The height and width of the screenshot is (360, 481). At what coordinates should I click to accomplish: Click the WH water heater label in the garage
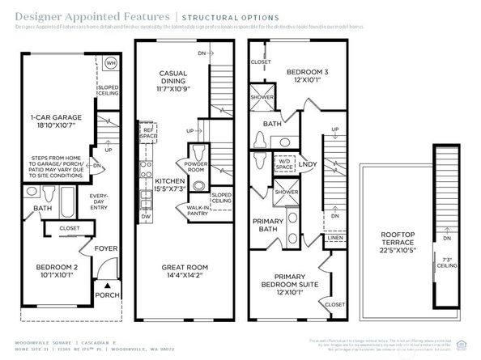(112, 61)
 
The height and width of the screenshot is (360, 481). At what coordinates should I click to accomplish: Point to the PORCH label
(107, 294)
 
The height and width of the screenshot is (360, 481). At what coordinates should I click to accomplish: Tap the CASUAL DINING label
(172, 78)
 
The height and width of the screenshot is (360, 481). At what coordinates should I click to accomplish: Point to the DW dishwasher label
(147, 217)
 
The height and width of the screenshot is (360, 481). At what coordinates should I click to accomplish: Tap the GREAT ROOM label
(185, 272)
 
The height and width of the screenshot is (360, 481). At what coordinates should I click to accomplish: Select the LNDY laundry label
(309, 165)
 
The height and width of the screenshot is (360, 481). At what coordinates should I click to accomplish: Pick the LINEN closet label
(334, 238)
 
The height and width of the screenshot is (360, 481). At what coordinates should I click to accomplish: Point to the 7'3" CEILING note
(449, 262)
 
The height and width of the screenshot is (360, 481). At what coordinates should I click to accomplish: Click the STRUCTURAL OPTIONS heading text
(230, 17)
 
